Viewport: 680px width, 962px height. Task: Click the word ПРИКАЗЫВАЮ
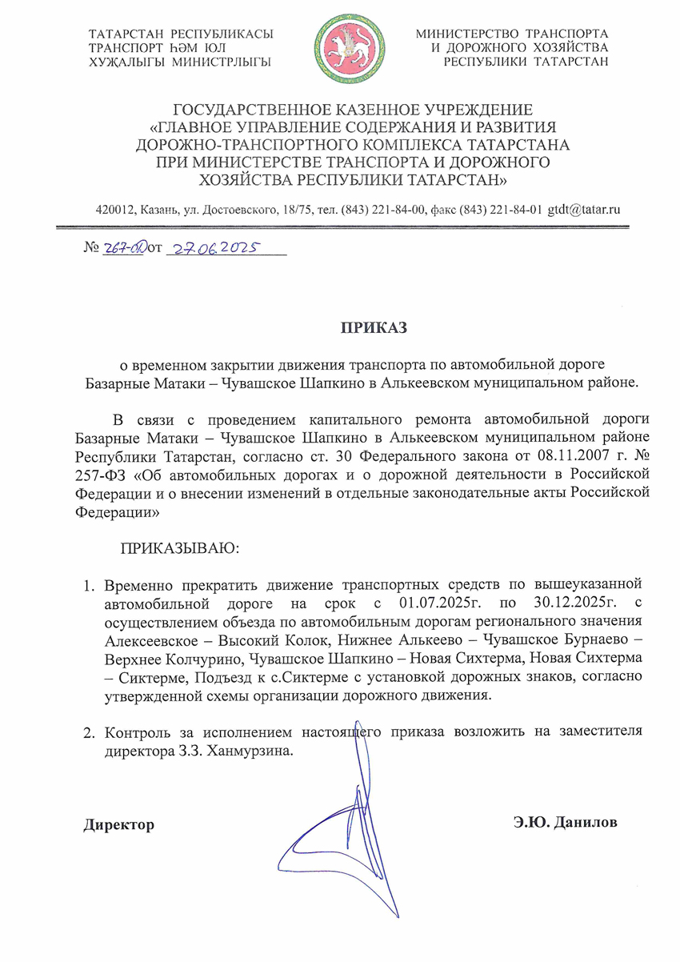(179, 549)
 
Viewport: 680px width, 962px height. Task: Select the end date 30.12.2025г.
(552, 601)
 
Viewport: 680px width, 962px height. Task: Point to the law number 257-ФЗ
(102, 475)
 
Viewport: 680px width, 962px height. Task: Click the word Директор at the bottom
(119, 824)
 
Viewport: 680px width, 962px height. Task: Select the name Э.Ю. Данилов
(566, 824)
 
